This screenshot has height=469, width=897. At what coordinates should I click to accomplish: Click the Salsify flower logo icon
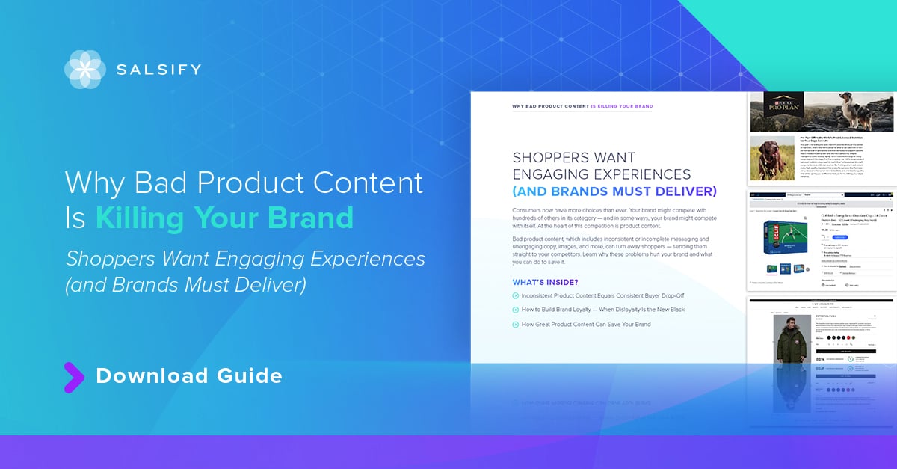pos(84,70)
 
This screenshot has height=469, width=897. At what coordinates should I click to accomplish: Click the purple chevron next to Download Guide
pos(73,377)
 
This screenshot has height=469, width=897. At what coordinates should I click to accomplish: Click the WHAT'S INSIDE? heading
pos(545,282)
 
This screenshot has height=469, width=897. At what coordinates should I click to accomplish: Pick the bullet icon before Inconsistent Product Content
pos(516,296)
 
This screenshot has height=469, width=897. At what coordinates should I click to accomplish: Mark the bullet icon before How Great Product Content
pos(516,325)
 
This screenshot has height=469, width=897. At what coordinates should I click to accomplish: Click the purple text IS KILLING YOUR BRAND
pos(621,107)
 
